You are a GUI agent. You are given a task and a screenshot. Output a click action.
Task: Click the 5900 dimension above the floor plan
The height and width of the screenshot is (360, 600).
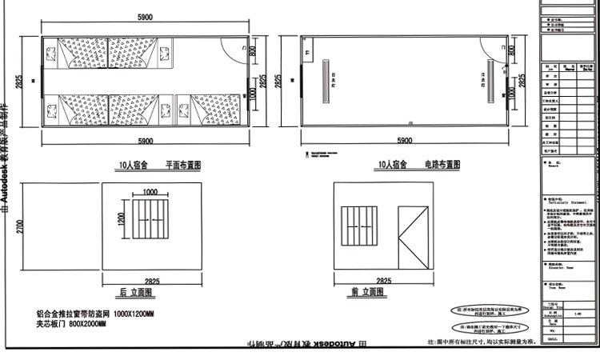[x=146, y=17]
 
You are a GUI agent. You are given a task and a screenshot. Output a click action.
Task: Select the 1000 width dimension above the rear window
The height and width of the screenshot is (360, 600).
[x=150, y=192]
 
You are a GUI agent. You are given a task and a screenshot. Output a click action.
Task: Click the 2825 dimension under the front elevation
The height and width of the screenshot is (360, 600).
[x=383, y=282]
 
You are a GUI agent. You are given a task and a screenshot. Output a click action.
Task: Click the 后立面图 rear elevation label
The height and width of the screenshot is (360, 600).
[x=138, y=293]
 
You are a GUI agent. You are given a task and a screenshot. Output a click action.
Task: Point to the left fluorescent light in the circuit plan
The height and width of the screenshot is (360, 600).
[x=326, y=80]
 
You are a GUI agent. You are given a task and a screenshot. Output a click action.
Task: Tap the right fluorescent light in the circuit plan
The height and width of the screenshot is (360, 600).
[x=486, y=81]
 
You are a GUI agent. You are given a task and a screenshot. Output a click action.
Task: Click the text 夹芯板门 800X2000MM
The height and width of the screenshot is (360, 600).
[x=71, y=324]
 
